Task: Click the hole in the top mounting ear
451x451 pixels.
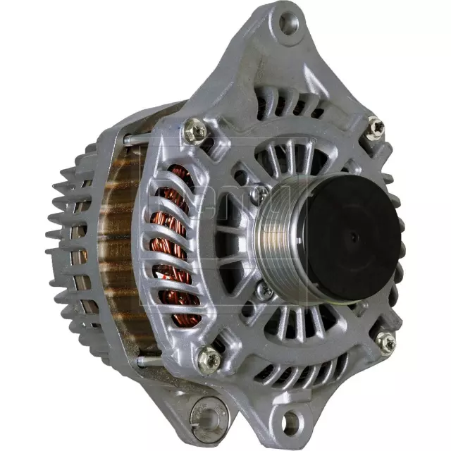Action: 289,23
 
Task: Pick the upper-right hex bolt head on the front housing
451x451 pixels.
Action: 376,127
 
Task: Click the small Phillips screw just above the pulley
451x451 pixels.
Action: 261,192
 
